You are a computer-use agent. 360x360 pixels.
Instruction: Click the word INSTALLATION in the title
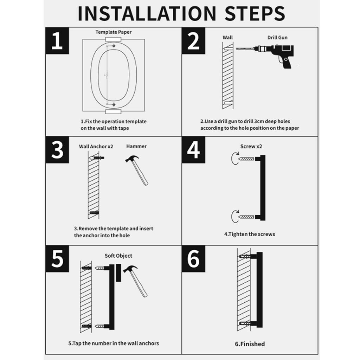click(x=147, y=13)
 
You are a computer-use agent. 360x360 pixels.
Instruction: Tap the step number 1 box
click(x=57, y=41)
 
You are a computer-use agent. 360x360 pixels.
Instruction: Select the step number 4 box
click(x=193, y=150)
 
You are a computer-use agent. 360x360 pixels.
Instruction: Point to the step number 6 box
click(x=193, y=259)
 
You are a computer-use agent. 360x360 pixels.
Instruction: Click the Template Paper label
click(x=114, y=32)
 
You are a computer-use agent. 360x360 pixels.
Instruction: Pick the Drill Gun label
click(x=277, y=37)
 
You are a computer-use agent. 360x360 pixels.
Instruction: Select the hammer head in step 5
click(x=130, y=269)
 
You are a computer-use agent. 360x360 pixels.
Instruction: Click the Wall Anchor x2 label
click(x=96, y=147)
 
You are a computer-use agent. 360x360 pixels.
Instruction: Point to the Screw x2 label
click(x=251, y=146)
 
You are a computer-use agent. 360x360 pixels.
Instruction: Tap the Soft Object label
click(x=118, y=256)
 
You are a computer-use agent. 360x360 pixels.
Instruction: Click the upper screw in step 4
click(x=246, y=159)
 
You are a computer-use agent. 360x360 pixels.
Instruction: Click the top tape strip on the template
click(x=113, y=39)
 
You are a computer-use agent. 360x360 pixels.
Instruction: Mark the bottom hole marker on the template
click(x=114, y=105)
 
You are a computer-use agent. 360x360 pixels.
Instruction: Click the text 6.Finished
click(x=250, y=344)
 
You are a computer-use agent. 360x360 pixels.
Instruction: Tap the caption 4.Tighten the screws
click(x=250, y=234)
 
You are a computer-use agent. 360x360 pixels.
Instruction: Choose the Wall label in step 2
click(x=227, y=37)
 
